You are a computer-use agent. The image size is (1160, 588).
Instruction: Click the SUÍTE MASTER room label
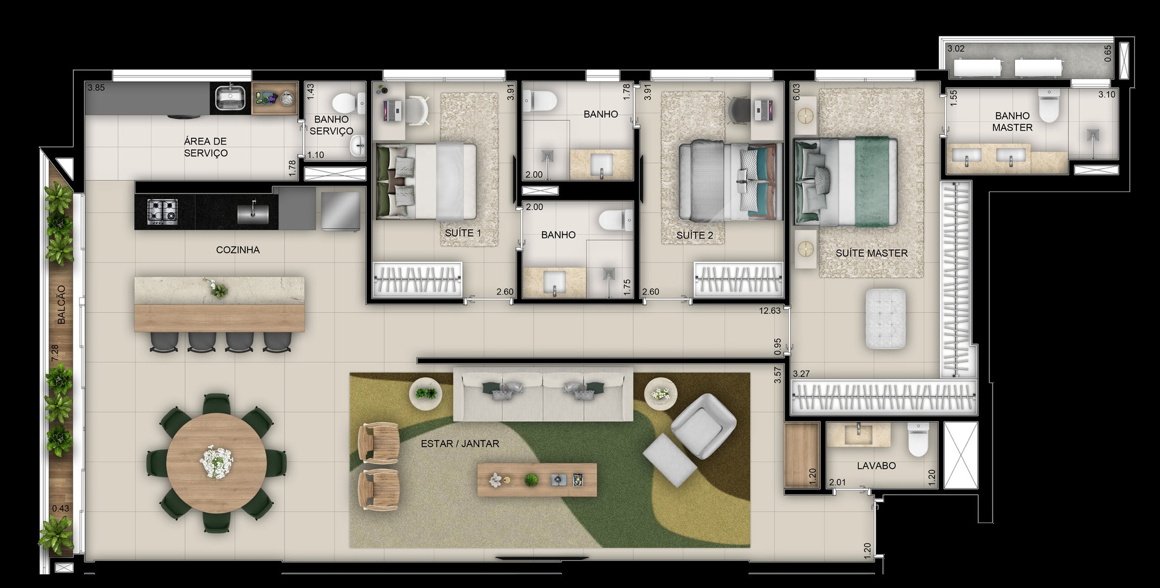[x=871, y=253]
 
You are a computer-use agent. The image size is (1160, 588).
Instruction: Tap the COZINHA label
[x=238, y=250]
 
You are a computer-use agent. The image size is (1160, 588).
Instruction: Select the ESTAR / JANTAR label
[x=459, y=444]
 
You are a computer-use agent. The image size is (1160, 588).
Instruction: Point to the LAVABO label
[x=876, y=465]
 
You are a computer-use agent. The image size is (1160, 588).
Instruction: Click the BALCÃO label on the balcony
[x=62, y=305]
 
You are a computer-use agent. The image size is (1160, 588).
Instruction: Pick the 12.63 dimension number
[x=769, y=311]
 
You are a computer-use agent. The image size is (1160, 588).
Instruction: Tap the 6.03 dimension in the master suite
[x=797, y=92]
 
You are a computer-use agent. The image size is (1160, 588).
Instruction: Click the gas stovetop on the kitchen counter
[x=162, y=212]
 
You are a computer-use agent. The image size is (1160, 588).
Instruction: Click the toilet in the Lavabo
[x=918, y=442]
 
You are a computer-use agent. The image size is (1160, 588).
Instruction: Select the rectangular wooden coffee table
[x=536, y=480]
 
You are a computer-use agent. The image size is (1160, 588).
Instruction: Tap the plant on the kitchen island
[x=219, y=290]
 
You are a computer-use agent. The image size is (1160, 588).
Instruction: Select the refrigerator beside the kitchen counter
[x=340, y=211]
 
